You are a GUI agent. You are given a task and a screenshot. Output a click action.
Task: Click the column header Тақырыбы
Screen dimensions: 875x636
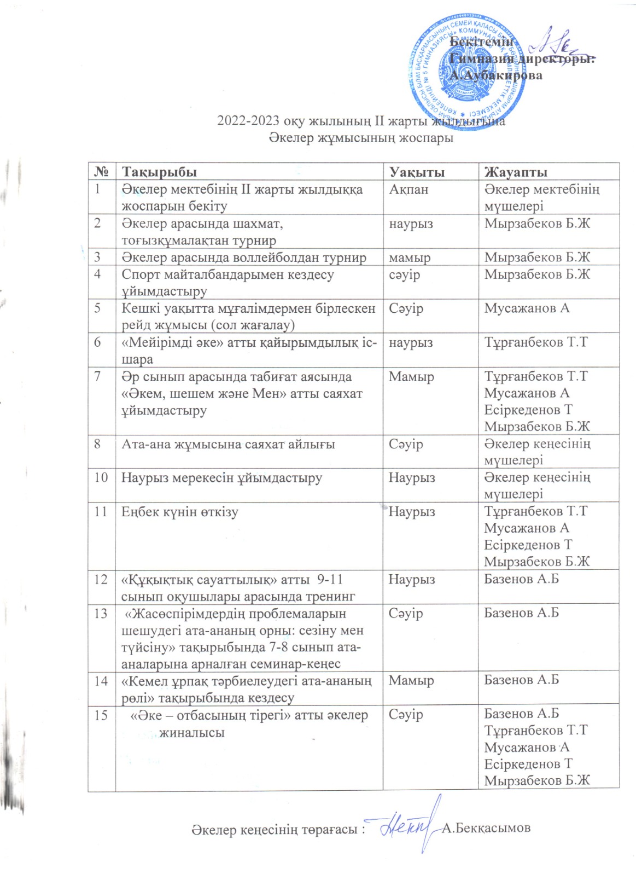point(159,172)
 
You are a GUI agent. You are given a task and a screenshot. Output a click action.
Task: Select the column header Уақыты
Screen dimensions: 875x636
point(417,172)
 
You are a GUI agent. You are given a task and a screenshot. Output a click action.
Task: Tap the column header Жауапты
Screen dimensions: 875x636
point(516,172)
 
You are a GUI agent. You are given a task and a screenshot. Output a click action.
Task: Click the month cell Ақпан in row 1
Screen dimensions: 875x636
point(409,190)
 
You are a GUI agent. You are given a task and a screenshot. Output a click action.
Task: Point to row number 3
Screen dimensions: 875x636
point(98,257)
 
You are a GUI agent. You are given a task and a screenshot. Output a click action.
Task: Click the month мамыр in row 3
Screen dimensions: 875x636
point(410,258)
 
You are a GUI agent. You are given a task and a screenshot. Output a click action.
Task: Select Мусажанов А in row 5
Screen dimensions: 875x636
point(527,308)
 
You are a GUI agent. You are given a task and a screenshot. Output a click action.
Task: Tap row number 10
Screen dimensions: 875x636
point(101,477)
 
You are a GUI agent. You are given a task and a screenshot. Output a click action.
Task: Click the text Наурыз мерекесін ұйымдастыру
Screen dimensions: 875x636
point(221,478)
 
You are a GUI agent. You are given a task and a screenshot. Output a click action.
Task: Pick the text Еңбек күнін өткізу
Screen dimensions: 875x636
point(180,512)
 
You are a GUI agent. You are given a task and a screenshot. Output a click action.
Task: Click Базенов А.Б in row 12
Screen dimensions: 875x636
point(521,579)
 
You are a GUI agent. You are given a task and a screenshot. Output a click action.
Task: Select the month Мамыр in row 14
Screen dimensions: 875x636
point(411,681)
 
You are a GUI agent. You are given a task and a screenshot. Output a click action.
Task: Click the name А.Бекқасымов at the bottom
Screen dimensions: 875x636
point(486,828)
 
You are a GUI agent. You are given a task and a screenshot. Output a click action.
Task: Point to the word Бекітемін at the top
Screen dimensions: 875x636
point(481,42)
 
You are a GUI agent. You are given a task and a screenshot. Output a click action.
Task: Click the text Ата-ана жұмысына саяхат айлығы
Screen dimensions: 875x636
point(228,444)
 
